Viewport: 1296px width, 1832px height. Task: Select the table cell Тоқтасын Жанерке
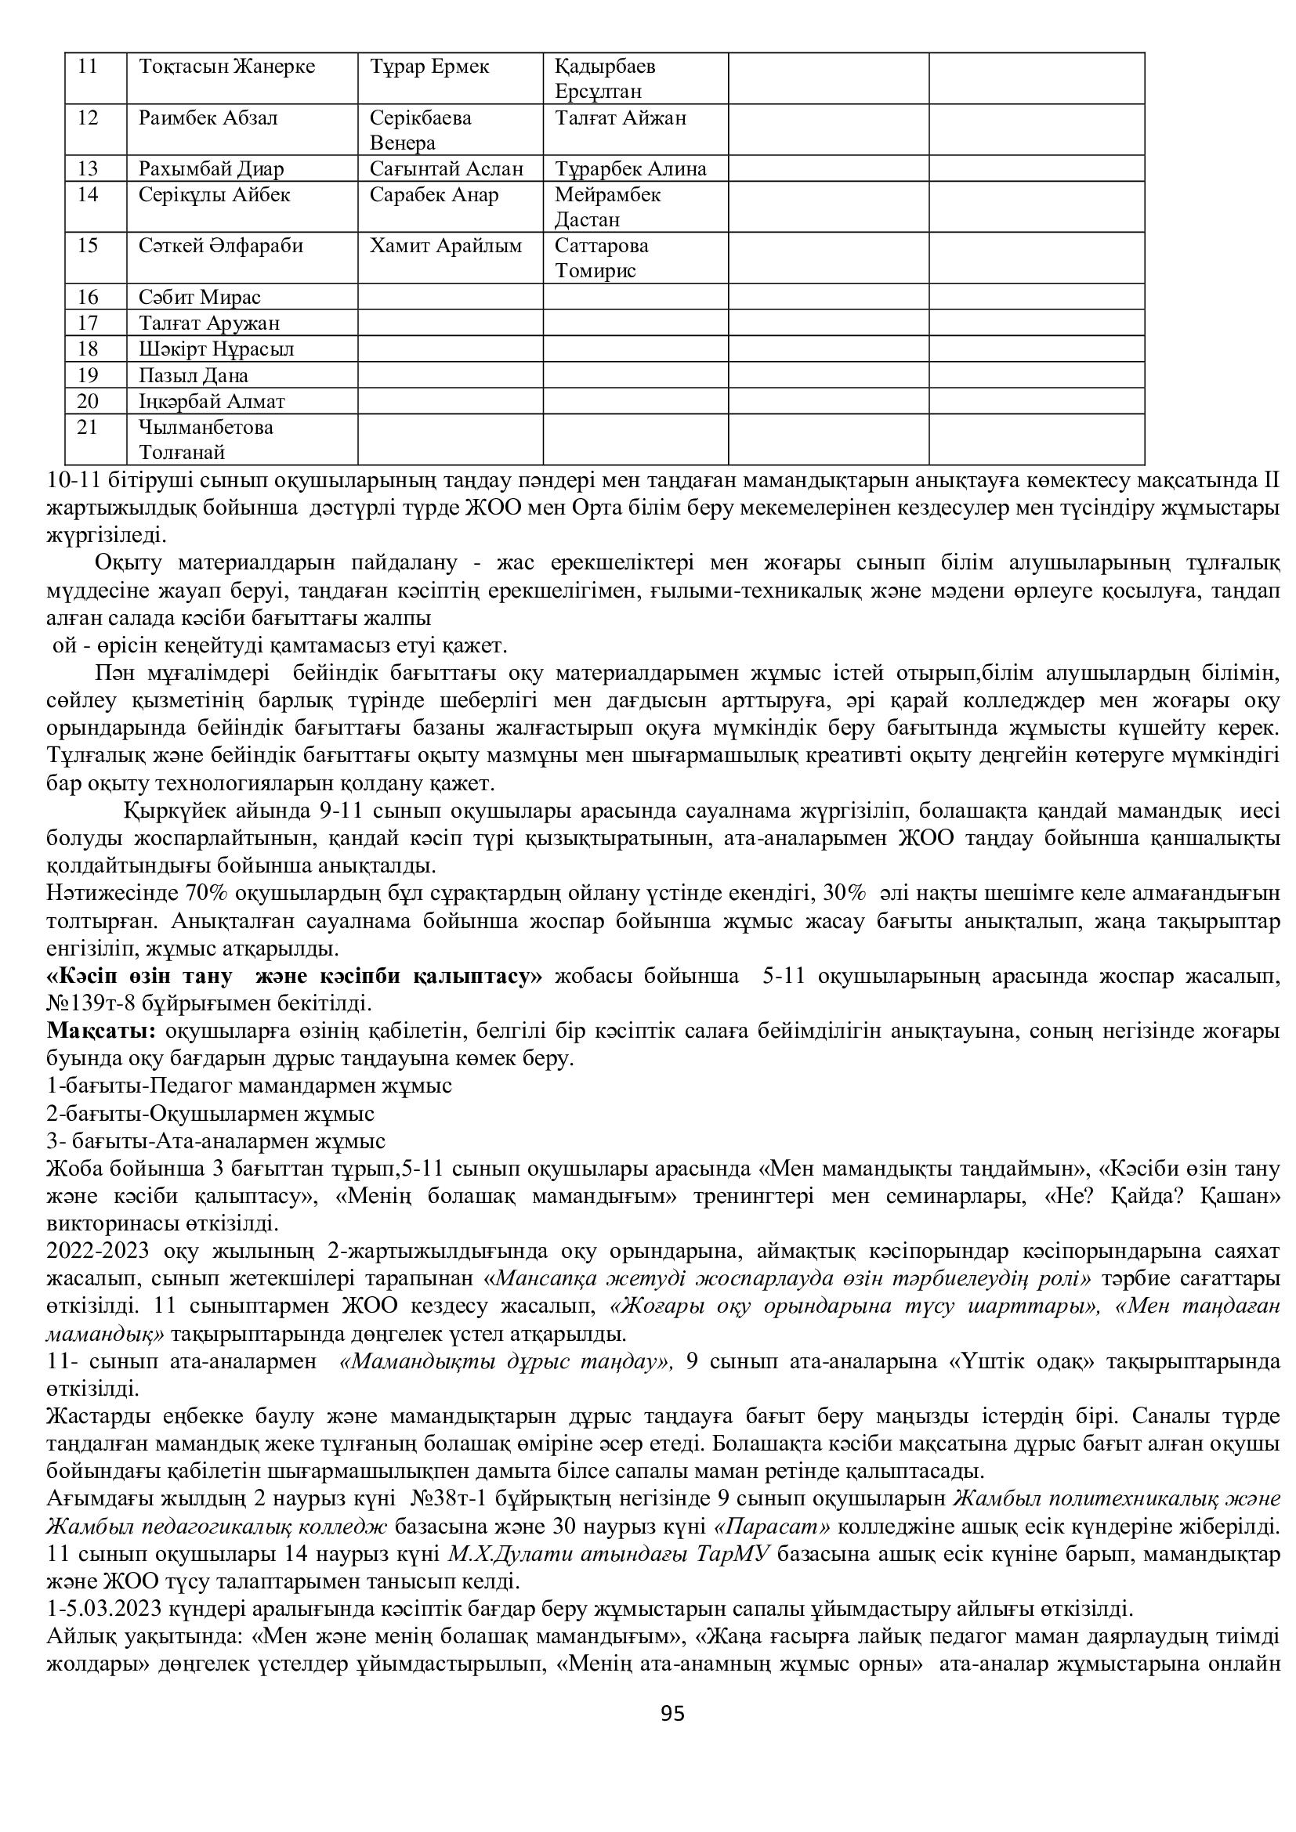click(226, 67)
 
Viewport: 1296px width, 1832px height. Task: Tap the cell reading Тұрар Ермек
click(429, 67)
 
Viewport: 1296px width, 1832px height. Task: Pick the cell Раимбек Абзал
click(208, 118)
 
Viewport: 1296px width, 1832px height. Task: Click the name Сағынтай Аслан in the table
click(447, 168)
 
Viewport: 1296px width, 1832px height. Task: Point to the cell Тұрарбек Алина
click(631, 168)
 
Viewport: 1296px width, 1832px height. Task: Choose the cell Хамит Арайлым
click(445, 245)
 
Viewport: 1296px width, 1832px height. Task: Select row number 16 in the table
click(88, 298)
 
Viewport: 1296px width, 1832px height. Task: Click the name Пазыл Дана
click(193, 375)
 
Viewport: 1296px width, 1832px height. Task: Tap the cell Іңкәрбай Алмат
click(212, 400)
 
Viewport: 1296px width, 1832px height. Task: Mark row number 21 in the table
click(88, 427)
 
